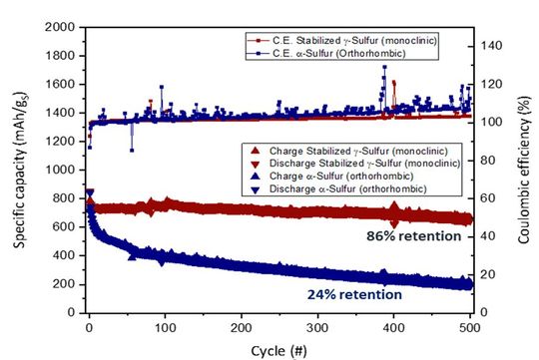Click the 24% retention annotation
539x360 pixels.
click(351, 295)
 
